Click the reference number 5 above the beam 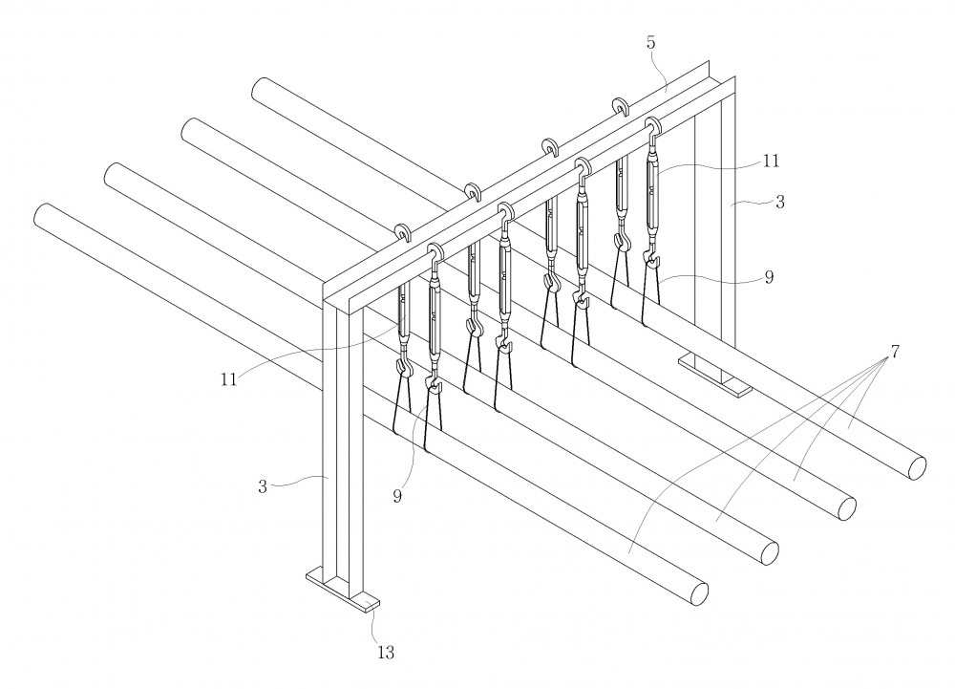tap(651, 43)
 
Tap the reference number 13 tap(386, 653)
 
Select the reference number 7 tap(895, 352)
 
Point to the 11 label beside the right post tap(771, 161)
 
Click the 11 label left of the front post tap(228, 379)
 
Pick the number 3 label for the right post tap(780, 203)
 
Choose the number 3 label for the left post tap(263, 487)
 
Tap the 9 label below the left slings tap(397, 497)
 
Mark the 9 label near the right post tap(769, 277)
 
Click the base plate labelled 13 tap(342, 589)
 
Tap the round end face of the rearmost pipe tap(917, 466)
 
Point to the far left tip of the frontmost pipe tap(34, 214)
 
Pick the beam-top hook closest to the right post tap(621, 105)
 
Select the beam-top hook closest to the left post tap(404, 233)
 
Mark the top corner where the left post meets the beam tap(323, 298)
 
